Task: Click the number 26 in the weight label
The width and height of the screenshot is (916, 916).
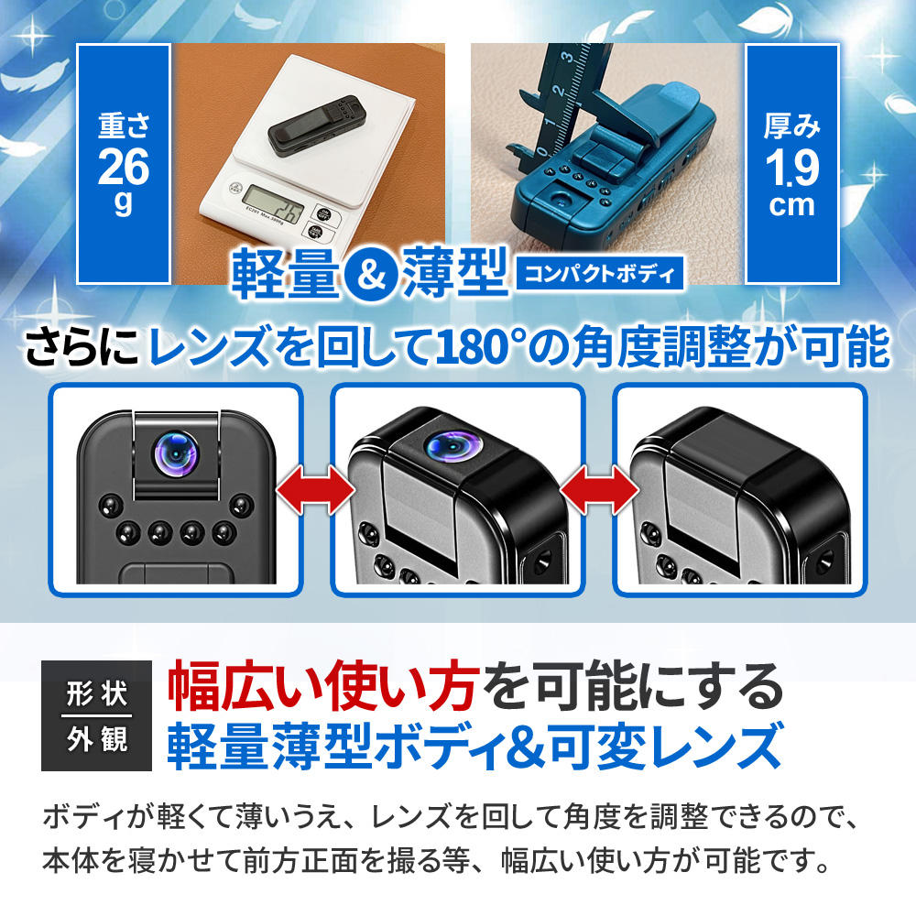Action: (x=124, y=167)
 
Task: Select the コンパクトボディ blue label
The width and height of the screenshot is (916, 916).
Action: (x=599, y=273)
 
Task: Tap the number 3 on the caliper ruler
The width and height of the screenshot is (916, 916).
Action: (x=567, y=57)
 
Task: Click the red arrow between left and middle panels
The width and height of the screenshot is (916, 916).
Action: (x=315, y=489)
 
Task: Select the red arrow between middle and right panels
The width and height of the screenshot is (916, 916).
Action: (x=598, y=489)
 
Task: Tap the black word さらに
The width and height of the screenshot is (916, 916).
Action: (x=82, y=347)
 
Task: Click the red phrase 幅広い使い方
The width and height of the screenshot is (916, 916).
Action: (x=323, y=687)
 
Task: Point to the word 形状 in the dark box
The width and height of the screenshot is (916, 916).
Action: (x=97, y=694)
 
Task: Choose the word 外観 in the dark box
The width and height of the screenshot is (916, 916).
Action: (x=97, y=739)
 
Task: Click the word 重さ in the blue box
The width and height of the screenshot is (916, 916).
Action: (x=124, y=126)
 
